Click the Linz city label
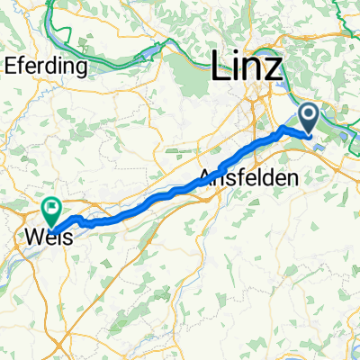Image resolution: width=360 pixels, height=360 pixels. coord(246,69)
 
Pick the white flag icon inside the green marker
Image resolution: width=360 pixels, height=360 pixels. coord(52,207)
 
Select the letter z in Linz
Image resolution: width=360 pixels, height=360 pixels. coord(273,73)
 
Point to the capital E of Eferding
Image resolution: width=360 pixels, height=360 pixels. coord(10,66)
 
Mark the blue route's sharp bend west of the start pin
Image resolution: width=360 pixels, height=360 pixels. coord(285,130)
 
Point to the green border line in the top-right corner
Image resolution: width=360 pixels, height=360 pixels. coord(346,11)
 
